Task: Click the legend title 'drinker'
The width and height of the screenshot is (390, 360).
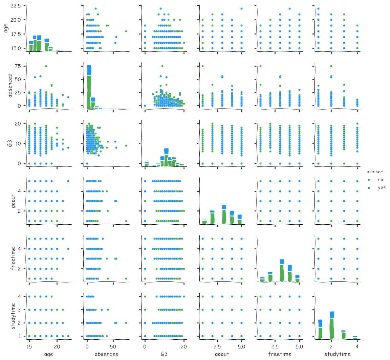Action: (x=376, y=172)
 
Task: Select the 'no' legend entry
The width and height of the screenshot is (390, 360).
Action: (x=381, y=180)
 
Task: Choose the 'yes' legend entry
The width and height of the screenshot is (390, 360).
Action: (x=382, y=187)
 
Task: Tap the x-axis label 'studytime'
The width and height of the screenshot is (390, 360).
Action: (x=337, y=354)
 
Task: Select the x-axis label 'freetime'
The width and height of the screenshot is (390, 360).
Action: (x=280, y=354)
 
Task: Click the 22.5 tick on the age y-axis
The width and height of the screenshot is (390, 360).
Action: (x=16, y=6)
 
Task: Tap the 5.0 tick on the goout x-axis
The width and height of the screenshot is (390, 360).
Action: (x=241, y=347)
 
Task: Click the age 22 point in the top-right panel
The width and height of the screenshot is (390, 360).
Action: (x=318, y=9)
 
